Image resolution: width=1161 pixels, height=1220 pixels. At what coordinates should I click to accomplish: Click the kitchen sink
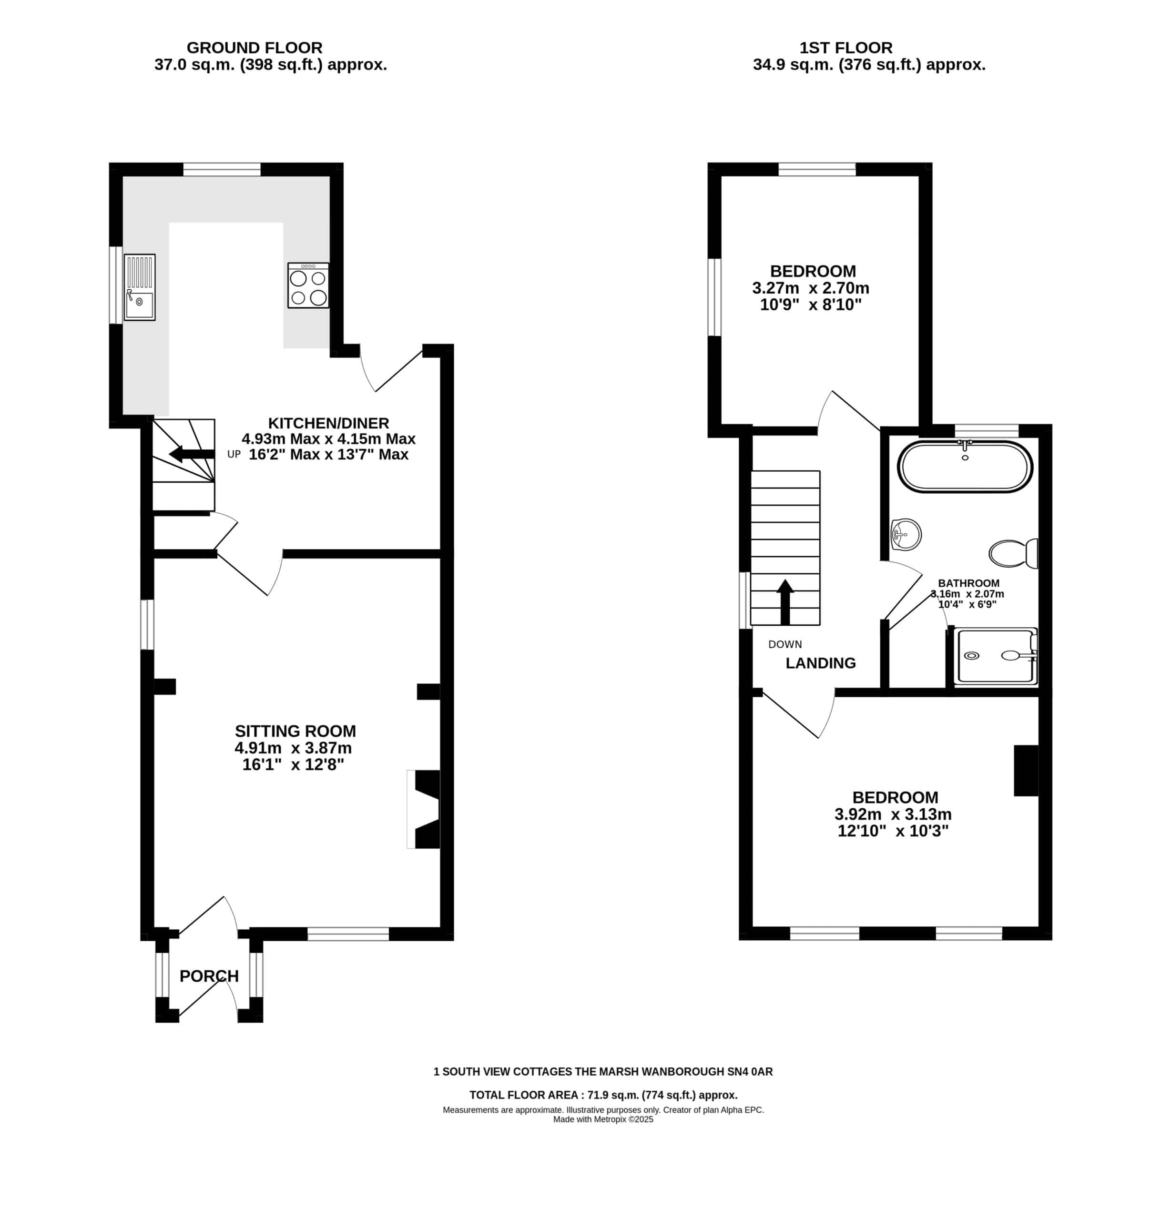[139, 287]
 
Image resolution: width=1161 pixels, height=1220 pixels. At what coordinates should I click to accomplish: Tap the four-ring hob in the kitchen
[308, 285]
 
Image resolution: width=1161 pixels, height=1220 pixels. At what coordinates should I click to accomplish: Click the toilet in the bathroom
[1013, 553]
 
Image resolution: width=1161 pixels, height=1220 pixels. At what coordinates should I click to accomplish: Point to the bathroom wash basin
[906, 534]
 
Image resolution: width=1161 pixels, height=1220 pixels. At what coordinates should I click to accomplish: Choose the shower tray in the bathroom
[995, 656]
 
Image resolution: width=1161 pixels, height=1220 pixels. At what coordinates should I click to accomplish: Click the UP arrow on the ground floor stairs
[192, 454]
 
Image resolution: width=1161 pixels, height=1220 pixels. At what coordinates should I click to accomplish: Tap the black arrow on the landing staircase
[785, 601]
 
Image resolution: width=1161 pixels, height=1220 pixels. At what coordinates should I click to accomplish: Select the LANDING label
[821, 663]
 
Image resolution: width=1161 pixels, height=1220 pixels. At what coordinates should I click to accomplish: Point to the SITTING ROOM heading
[295, 731]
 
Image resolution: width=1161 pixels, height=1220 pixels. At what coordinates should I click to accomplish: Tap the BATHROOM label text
[968, 583]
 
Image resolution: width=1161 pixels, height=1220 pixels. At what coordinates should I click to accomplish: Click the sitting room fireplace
[423, 809]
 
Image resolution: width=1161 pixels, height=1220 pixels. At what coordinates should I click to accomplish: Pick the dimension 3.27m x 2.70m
[811, 288]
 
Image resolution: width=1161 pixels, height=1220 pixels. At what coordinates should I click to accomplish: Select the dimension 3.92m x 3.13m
[893, 814]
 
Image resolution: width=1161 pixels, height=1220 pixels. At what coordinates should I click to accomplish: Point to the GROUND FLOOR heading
[255, 48]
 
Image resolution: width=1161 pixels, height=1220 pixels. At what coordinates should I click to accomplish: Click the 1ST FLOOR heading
[846, 48]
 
